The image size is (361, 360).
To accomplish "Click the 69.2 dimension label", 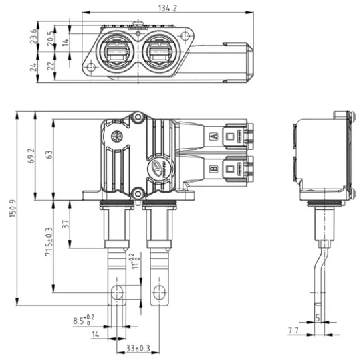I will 31,157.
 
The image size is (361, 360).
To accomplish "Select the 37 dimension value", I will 66,224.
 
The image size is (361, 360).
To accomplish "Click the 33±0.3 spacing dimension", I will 137,348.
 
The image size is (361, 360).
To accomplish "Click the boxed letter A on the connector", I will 213,137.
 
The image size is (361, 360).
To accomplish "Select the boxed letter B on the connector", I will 213,169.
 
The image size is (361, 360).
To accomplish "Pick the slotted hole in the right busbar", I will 159,292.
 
